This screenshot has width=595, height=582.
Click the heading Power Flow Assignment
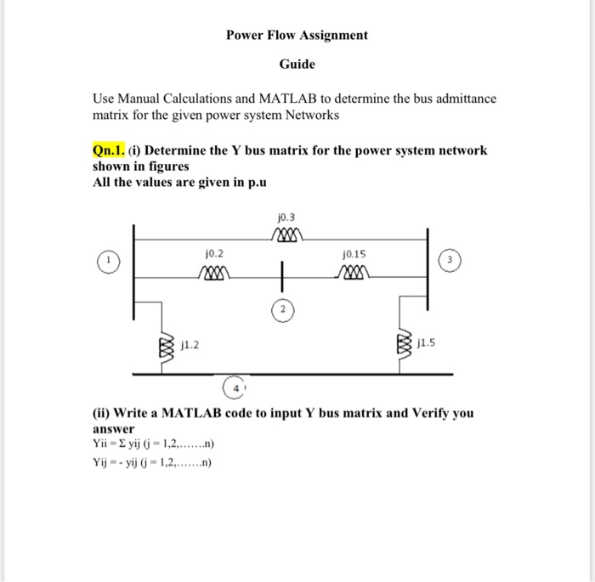[297, 35]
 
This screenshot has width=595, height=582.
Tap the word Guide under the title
[297, 64]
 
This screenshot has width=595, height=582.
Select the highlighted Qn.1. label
[109, 150]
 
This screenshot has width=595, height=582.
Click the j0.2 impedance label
[214, 253]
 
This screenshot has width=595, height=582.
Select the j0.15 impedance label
[354, 253]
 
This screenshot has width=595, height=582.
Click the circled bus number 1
[107, 259]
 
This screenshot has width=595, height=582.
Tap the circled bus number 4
[237, 387]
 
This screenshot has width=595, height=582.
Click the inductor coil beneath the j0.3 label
[286, 233]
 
